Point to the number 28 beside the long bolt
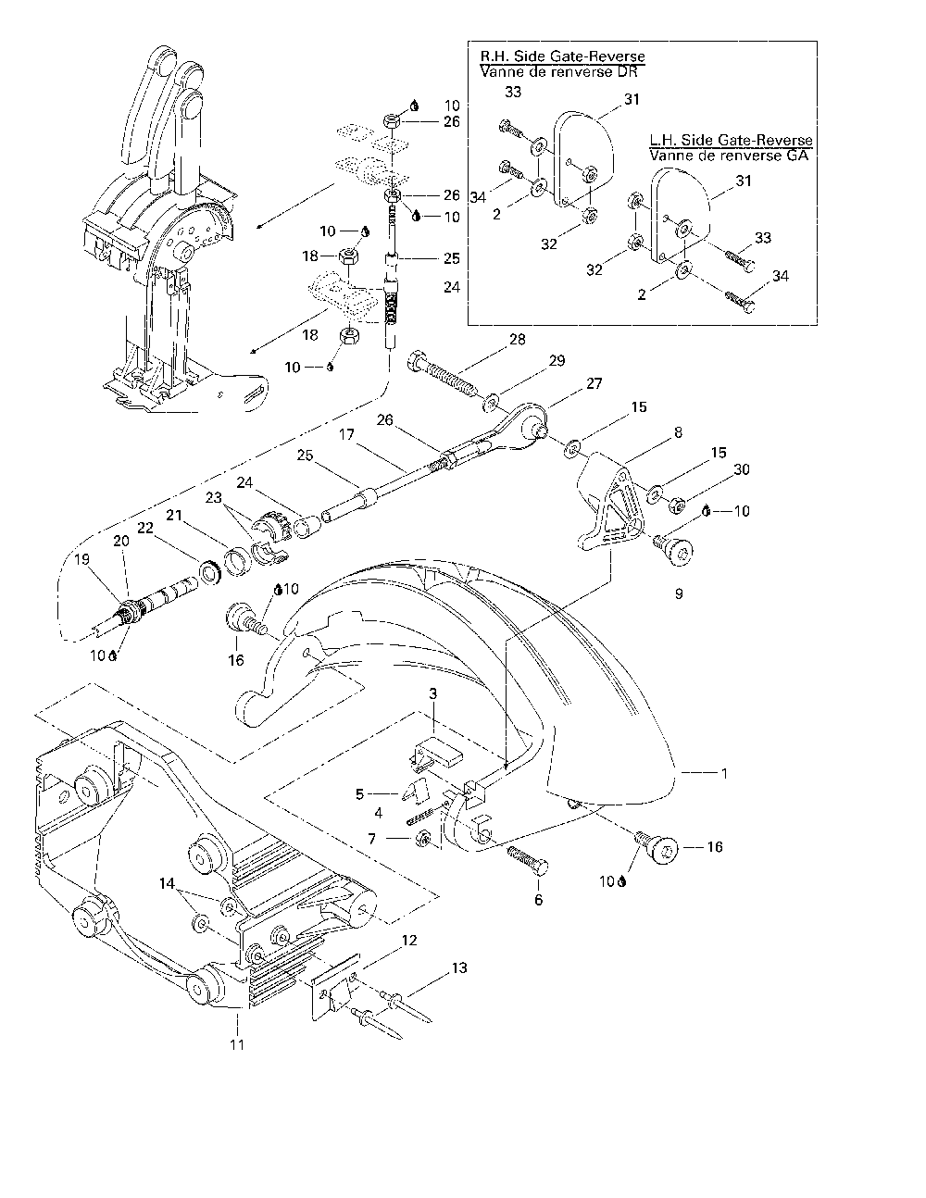click(x=516, y=340)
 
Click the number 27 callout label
click(x=594, y=383)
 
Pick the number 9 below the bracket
click(x=678, y=593)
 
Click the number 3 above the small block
click(x=432, y=693)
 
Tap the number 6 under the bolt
click(x=539, y=899)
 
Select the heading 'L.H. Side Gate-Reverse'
click(x=731, y=140)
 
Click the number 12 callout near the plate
click(x=408, y=941)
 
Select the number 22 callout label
click(x=144, y=528)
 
